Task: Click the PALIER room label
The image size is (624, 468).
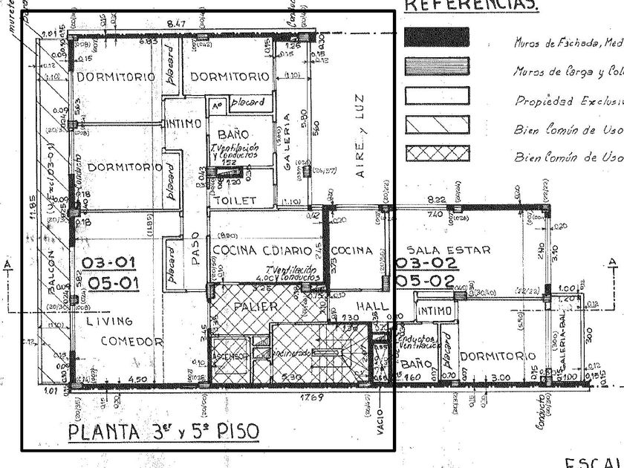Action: pyautogui.click(x=255, y=306)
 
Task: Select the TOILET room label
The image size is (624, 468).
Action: pyautogui.click(x=235, y=201)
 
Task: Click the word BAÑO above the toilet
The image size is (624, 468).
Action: pyautogui.click(x=233, y=134)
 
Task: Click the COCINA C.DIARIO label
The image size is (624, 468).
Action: pyautogui.click(x=264, y=250)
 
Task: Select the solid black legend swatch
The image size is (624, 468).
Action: pyautogui.click(x=437, y=38)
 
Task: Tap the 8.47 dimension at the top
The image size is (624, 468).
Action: pyautogui.click(x=177, y=25)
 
